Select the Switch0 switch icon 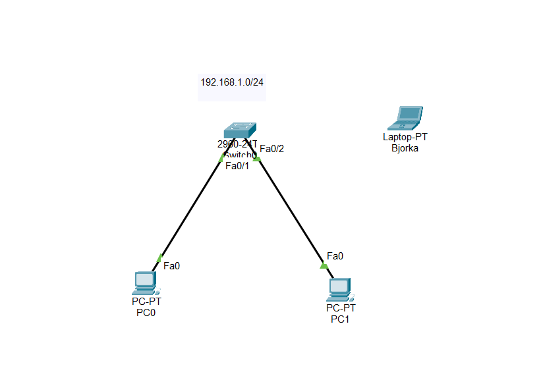pyautogui.click(x=239, y=130)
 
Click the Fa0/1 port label pyautogui.click(x=237, y=166)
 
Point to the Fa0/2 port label pyautogui.click(x=271, y=149)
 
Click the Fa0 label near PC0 pyautogui.click(x=171, y=266)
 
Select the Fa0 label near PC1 pyautogui.click(x=335, y=256)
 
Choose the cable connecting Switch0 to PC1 pyautogui.click(x=290, y=211)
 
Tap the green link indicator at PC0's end pyautogui.click(x=159, y=257)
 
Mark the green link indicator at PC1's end pyautogui.click(x=324, y=265)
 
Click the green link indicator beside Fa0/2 pyautogui.click(x=257, y=158)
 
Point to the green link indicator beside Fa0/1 pyautogui.click(x=222, y=157)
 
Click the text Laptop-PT pyautogui.click(x=405, y=137)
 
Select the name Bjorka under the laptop pyautogui.click(x=405, y=148)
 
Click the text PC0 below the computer pyautogui.click(x=146, y=313)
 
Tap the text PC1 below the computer pyautogui.click(x=340, y=319)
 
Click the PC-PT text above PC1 pyautogui.click(x=340, y=308)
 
